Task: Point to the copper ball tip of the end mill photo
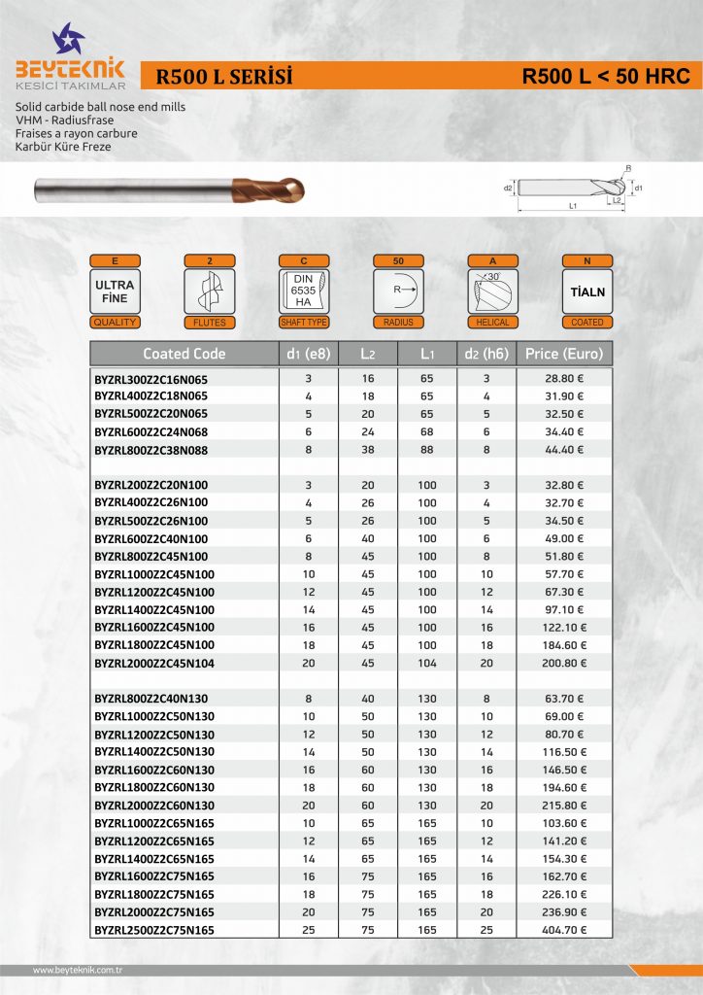point(292,189)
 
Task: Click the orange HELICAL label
point(493,322)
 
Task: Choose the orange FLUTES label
point(209,322)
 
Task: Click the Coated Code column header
point(184,353)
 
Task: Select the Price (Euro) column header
point(564,353)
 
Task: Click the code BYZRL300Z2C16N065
point(151,378)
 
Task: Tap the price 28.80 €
point(564,378)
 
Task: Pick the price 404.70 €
point(564,930)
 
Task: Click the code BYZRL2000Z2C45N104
point(154,663)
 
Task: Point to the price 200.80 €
point(564,663)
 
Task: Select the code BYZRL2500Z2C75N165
point(154,930)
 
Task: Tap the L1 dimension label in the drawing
point(572,206)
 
